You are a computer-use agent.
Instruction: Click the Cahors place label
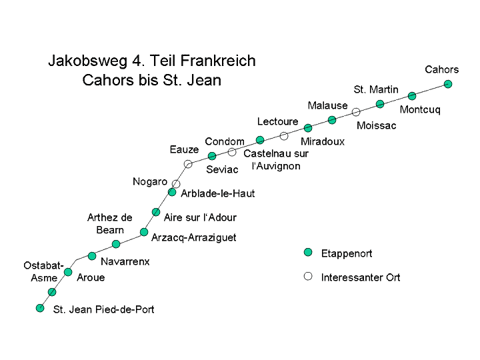pos(441,69)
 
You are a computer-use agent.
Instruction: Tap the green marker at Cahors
pos(448,84)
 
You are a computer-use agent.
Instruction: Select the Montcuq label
pos(420,110)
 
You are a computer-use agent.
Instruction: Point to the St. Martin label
pos(376,89)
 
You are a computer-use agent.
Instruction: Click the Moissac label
pos(376,125)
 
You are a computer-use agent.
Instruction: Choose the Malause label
pos(327,105)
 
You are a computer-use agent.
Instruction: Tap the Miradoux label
pos(323,141)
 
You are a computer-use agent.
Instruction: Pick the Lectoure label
pos(277,121)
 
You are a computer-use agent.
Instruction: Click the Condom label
pos(225,141)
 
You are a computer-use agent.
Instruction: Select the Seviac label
pos(222,169)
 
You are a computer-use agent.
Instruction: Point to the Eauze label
pos(184,150)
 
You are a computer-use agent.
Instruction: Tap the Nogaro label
pos(150,181)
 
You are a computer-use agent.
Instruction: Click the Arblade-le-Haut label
pos(218,193)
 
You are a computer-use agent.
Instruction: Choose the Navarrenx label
pos(125,261)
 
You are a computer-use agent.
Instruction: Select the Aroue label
pos(91,277)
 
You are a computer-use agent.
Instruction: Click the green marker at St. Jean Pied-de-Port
pos(40,308)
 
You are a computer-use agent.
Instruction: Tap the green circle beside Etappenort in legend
pos(308,253)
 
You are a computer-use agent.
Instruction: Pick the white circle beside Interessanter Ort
pos(308,276)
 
